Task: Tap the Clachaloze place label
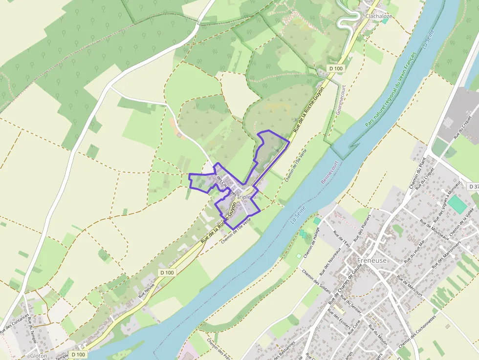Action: coord(379,16)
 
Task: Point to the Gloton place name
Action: coord(39,356)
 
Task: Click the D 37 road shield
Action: coord(473,187)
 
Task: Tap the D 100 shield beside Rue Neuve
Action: coord(167,273)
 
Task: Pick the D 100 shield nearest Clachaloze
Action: coord(335,68)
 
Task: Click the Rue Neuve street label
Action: coord(146,291)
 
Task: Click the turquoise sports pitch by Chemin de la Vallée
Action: coord(458,204)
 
